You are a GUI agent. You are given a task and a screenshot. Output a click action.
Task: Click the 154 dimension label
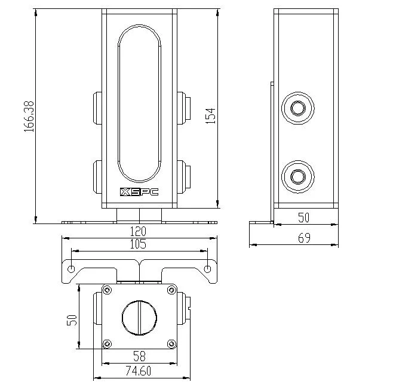click(x=210, y=115)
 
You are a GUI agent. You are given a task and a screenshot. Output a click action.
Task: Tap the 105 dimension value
click(x=139, y=244)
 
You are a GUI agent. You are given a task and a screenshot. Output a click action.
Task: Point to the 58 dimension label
click(x=139, y=356)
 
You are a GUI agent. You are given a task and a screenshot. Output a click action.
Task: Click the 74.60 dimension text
click(x=139, y=371)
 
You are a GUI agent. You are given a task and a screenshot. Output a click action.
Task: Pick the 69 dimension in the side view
click(x=303, y=238)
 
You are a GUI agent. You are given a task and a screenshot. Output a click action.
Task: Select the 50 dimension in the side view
click(x=303, y=217)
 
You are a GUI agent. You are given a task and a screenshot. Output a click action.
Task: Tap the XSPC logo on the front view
click(x=139, y=192)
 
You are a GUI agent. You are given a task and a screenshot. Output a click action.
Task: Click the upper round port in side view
click(x=297, y=108)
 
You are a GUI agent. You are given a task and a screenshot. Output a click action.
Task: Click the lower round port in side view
click(x=297, y=176)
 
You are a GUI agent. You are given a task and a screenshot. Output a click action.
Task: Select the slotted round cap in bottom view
click(x=139, y=316)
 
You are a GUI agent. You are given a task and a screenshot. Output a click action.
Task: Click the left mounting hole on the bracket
click(x=72, y=269)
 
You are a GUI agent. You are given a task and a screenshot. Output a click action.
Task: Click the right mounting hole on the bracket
click(x=207, y=269)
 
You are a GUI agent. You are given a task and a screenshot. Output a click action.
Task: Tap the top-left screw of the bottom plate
click(x=107, y=290)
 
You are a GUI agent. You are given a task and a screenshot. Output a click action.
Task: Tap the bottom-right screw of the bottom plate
click(x=171, y=343)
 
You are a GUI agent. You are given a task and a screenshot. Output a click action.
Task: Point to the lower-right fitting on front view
click(x=182, y=176)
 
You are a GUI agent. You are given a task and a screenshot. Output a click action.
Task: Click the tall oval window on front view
click(x=139, y=105)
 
